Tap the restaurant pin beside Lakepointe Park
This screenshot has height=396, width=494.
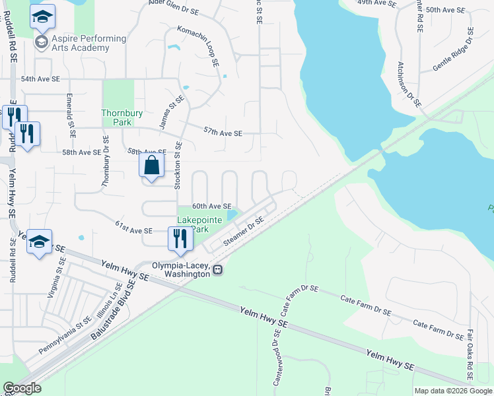tap(180, 238)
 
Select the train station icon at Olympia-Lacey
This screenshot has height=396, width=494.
tap(217, 269)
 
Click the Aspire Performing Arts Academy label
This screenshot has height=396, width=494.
tap(81, 44)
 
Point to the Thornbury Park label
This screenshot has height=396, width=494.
tap(122, 117)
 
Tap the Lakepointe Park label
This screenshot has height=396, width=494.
tap(192, 224)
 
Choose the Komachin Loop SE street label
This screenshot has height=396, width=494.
tap(198, 47)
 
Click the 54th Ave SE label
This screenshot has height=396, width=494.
tap(40, 79)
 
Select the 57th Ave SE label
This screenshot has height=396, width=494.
tap(223, 133)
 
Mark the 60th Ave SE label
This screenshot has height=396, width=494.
tap(211, 207)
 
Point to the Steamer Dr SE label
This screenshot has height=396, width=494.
tap(244, 232)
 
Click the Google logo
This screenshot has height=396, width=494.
tap(22, 388)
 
